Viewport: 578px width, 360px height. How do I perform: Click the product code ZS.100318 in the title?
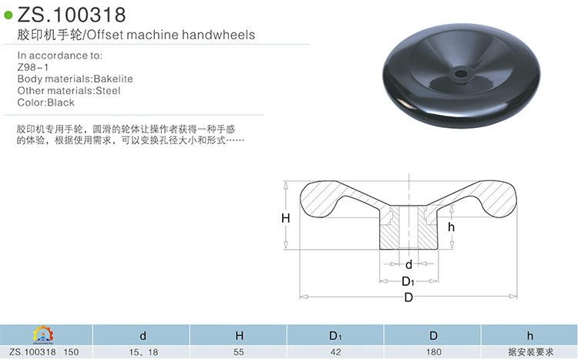[72, 15]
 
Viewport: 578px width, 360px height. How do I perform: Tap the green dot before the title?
[8, 15]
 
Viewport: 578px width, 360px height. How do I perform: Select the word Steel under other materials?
[108, 90]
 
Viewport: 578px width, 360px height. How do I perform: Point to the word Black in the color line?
[61, 102]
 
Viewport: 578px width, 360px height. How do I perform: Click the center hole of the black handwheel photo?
[460, 74]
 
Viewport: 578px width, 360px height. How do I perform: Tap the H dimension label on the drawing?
[285, 218]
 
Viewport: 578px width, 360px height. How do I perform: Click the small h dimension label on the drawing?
[452, 227]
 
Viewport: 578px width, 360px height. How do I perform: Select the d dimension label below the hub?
[408, 264]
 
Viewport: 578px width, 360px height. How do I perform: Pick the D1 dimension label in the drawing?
[408, 281]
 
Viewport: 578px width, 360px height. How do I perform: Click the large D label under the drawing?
[408, 298]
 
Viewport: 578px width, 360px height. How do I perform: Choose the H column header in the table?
[240, 335]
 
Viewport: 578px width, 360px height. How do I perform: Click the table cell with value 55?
[240, 352]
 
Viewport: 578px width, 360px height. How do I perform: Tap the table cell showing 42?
[335, 352]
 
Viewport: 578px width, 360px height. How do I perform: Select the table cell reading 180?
[433, 352]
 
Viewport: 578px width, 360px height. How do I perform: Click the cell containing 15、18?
[143, 352]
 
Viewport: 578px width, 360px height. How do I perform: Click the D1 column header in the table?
[335, 335]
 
